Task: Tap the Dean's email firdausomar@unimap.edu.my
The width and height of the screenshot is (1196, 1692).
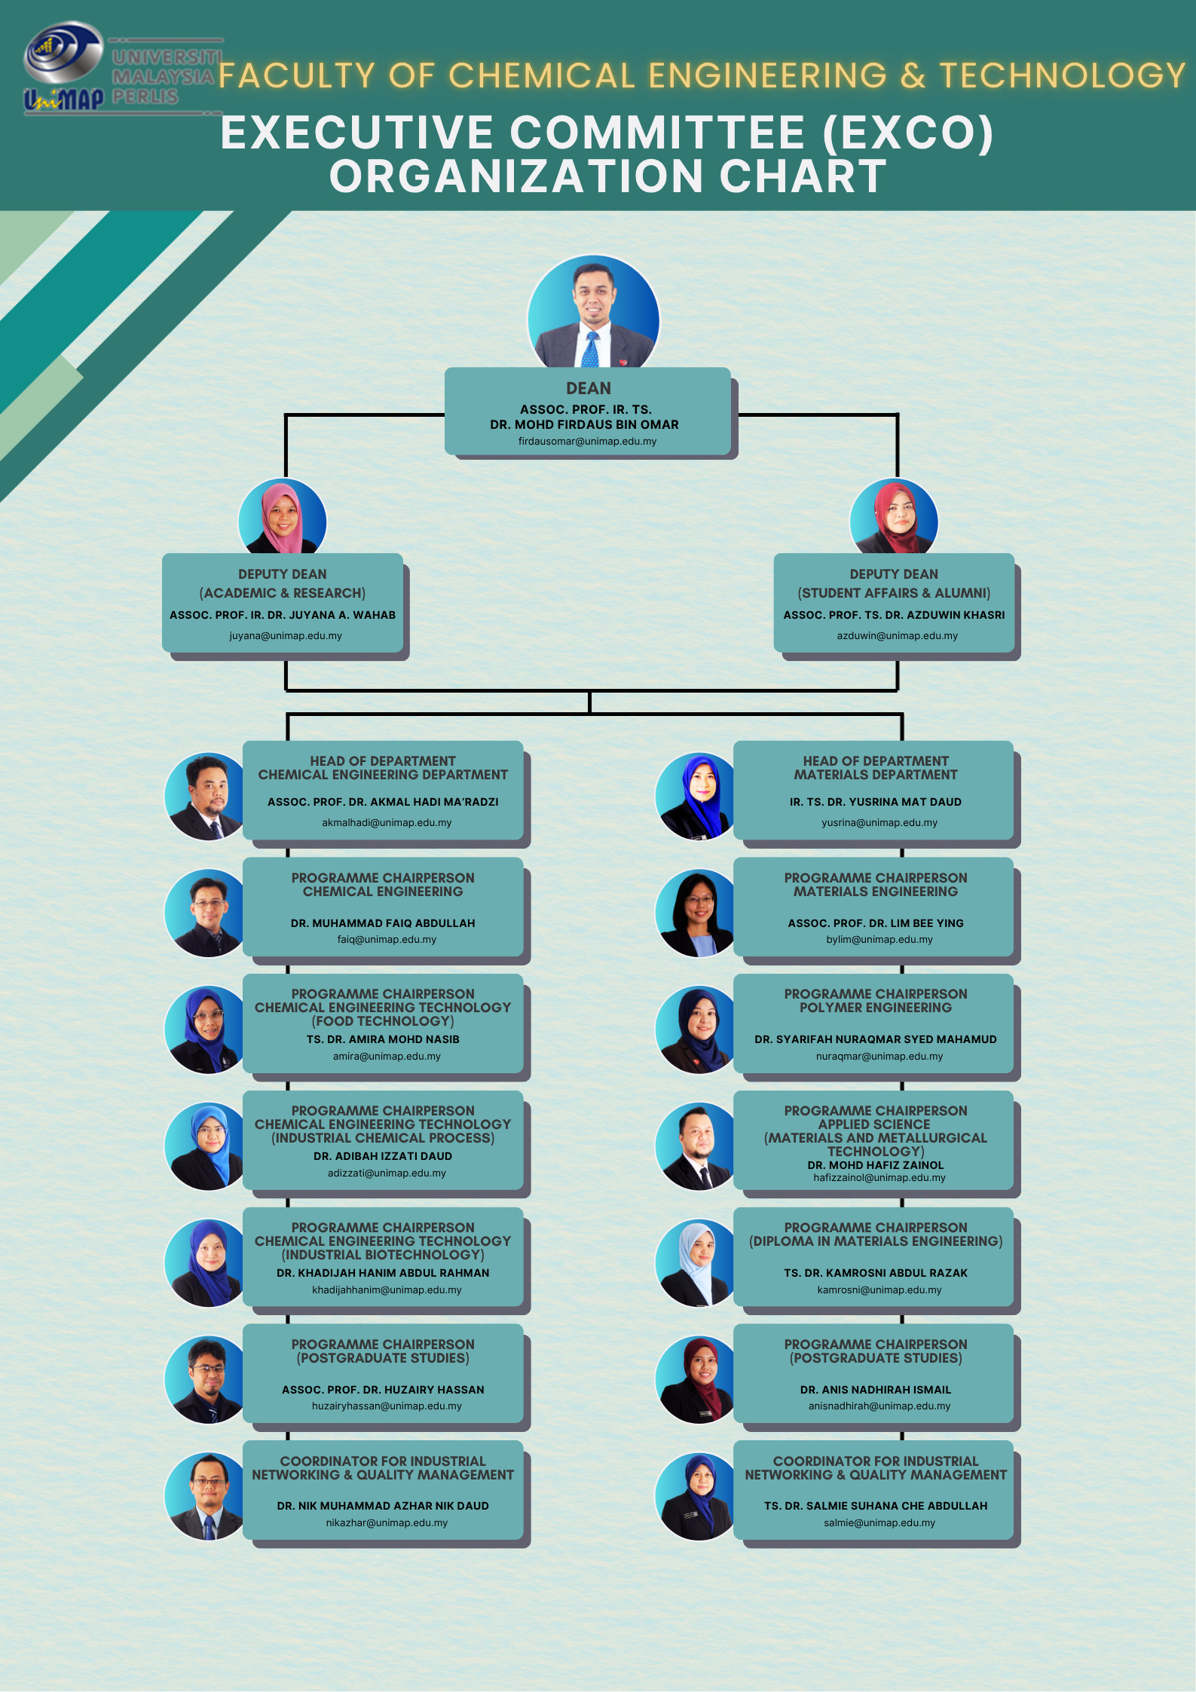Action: click(x=587, y=442)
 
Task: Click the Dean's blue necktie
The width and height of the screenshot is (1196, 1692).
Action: click(x=591, y=350)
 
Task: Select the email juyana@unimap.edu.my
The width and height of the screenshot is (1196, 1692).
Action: click(x=286, y=636)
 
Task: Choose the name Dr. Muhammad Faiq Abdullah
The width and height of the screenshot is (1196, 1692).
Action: click(x=383, y=923)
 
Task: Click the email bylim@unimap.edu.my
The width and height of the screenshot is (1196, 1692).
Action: click(x=879, y=940)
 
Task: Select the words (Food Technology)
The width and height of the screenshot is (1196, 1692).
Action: click(x=383, y=1021)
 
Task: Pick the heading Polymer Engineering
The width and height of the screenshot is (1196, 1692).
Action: click(x=876, y=1008)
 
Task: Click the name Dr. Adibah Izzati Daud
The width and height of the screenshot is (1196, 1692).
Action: click(x=383, y=1156)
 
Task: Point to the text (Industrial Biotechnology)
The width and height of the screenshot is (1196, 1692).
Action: click(x=383, y=1255)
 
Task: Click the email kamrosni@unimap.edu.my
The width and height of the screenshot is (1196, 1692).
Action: click(x=879, y=1290)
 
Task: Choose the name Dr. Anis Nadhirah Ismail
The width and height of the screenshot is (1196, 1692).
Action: click(x=876, y=1390)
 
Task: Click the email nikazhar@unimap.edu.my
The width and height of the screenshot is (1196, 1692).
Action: click(x=387, y=1523)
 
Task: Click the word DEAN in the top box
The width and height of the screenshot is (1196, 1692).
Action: click(x=589, y=389)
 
